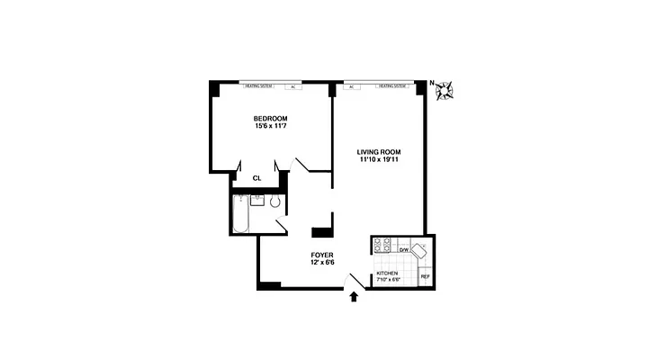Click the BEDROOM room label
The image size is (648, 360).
pos(270,118)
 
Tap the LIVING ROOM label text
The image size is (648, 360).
pos(379,151)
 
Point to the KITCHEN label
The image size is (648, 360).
pos(387,273)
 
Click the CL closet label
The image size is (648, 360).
pos(256,178)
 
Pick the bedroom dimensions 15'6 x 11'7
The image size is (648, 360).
pos(270,127)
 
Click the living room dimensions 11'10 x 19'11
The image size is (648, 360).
pos(379,160)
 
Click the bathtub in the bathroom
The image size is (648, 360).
pos(239,216)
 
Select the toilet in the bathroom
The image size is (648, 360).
pos(275,202)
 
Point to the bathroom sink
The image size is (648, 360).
pos(256,200)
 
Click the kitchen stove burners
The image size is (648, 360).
pos(382,244)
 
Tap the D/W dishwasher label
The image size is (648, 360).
pos(404,249)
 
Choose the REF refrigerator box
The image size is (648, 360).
pos(425,275)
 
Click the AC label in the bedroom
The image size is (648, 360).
pos(292,87)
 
